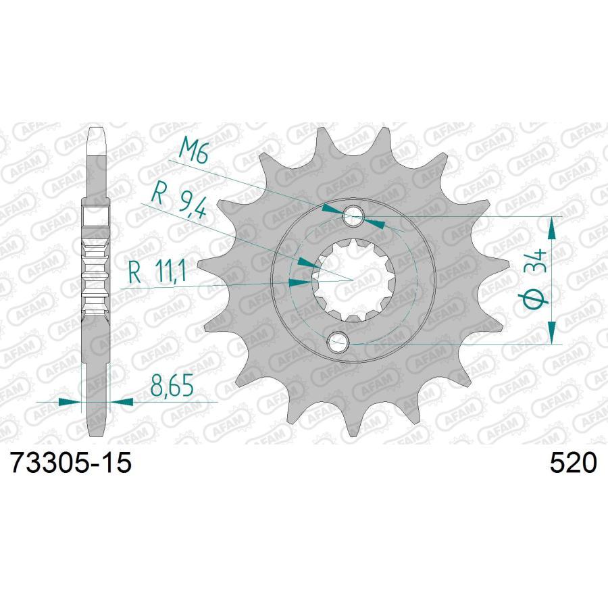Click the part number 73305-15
72,463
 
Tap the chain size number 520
572,463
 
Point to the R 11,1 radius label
157,272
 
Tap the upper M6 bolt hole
353,216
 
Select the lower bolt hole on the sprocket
338,343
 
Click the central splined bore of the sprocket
353,279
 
